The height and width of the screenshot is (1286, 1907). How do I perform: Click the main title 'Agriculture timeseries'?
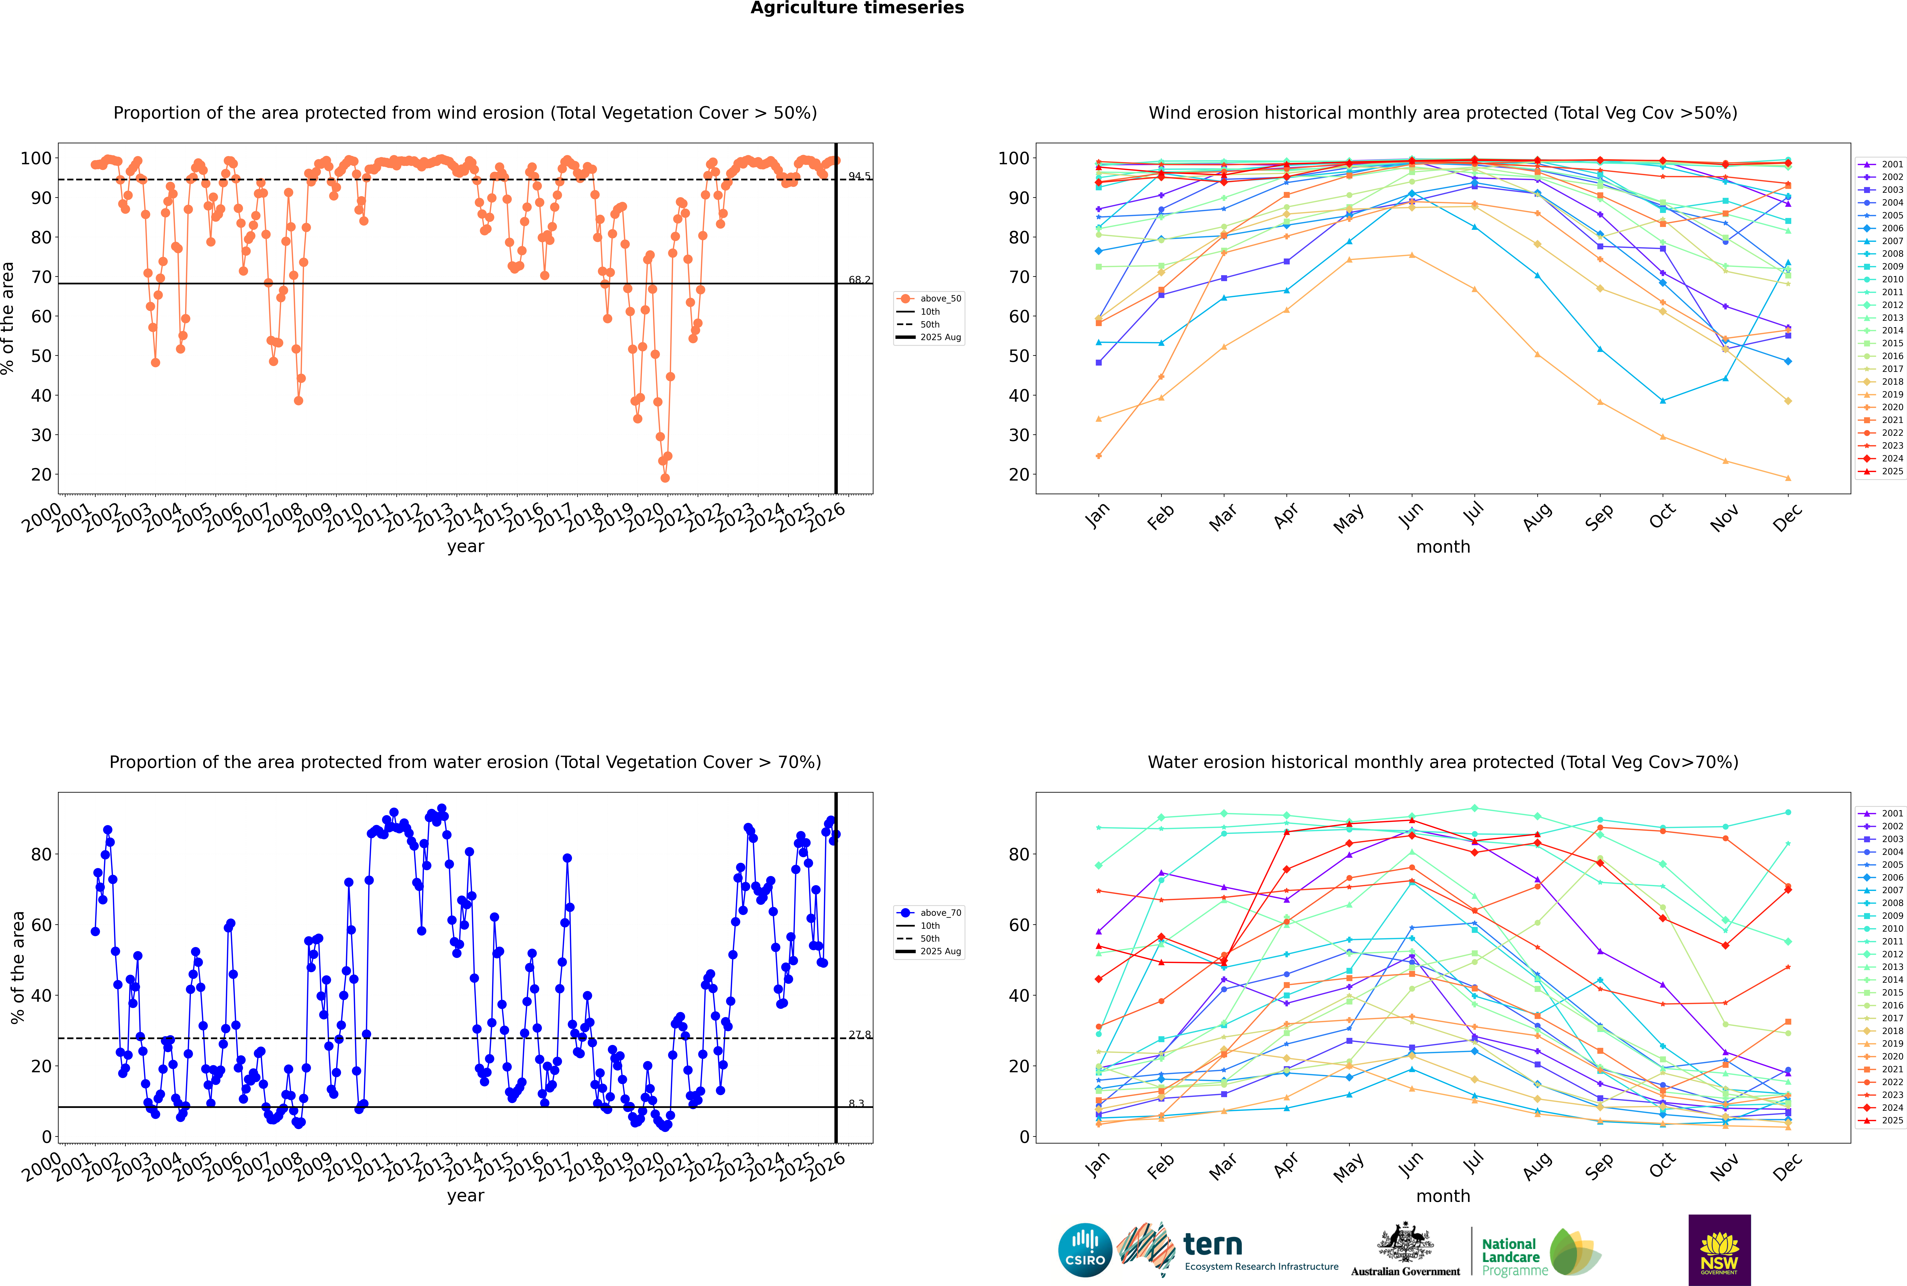tap(857, 8)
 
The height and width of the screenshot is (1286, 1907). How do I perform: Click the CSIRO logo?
tap(1085, 1250)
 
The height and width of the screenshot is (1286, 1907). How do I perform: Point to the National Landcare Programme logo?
tap(1540, 1252)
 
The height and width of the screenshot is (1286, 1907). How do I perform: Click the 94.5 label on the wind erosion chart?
tap(859, 176)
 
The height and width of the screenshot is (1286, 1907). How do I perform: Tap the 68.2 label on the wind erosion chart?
tap(859, 280)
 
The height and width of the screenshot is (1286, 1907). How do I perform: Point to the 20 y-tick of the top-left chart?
tap(41, 475)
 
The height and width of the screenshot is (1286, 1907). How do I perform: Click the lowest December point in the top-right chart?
tap(1788, 478)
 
